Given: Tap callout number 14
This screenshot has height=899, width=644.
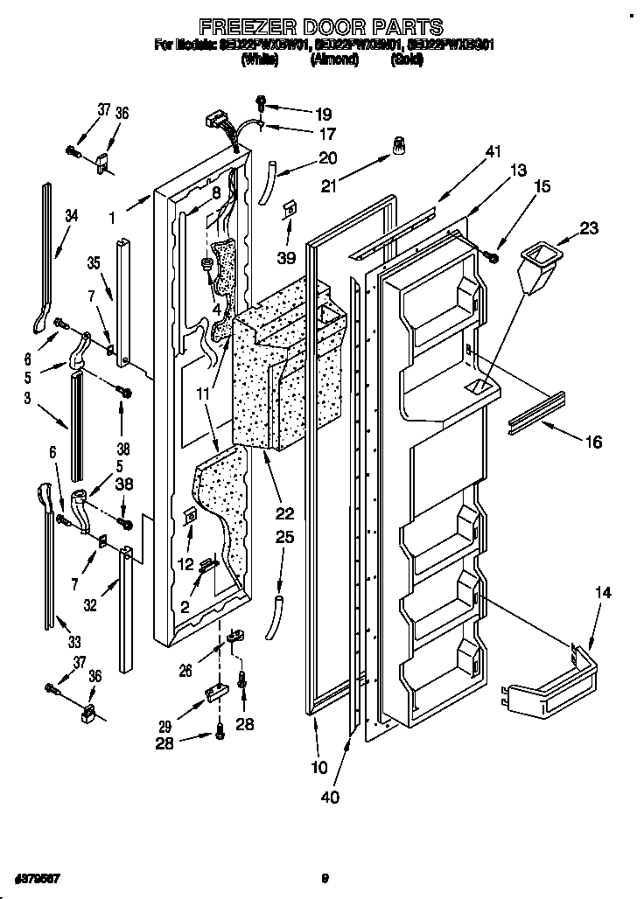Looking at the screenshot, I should [604, 594].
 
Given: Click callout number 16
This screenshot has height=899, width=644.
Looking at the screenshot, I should [592, 443].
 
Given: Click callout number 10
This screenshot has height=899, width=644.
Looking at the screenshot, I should [318, 768].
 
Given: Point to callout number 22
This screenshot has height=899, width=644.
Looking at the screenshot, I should [285, 513].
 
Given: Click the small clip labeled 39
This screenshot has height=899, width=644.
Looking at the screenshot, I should [287, 210].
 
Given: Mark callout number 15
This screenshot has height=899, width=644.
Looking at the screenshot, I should [542, 186].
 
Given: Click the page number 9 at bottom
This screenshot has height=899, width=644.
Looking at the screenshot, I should [325, 879].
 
